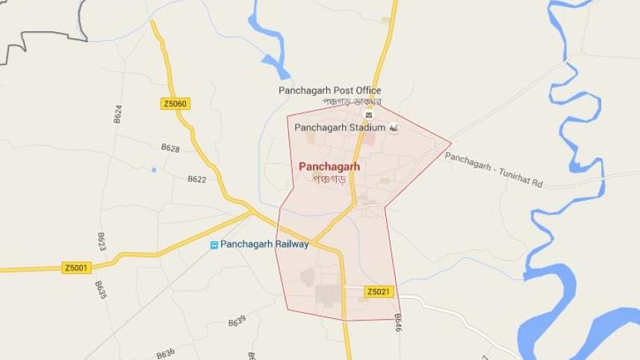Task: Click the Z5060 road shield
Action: pyautogui.click(x=175, y=104)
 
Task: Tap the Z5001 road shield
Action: pyautogui.click(x=76, y=267)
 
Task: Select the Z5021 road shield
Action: pyautogui.click(x=379, y=291)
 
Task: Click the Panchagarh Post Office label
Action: pyautogui.click(x=329, y=90)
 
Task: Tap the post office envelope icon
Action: pyautogui.click(x=368, y=115)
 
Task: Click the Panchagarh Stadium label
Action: pyautogui.click(x=340, y=128)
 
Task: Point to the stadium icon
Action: pyautogui.click(x=394, y=128)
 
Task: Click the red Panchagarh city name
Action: pyautogui.click(x=329, y=167)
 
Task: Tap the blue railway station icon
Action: pyautogui.click(x=214, y=245)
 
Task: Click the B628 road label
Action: pyautogui.click(x=170, y=149)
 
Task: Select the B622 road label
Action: pyautogui.click(x=196, y=179)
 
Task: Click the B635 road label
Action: pyautogui.click(x=101, y=291)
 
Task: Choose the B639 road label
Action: pyautogui.click(x=237, y=322)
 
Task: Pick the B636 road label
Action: pyautogui.click(x=165, y=353)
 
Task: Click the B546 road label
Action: pyautogui.click(x=397, y=323)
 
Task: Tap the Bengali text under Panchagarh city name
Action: pyautogui.click(x=329, y=180)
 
